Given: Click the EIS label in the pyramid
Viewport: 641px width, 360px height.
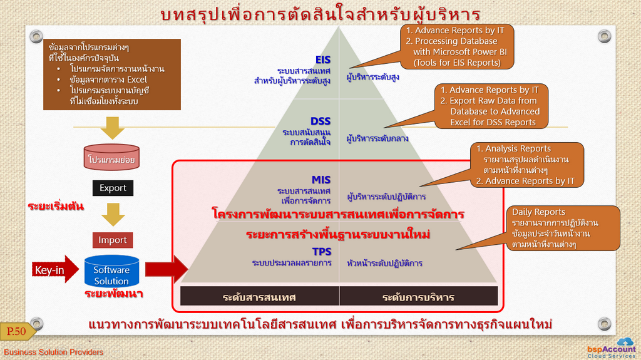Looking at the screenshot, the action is (x=322, y=59).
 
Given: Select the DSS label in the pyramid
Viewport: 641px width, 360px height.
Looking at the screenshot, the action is (x=320, y=121).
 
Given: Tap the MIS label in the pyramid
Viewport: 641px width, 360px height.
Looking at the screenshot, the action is (x=321, y=180).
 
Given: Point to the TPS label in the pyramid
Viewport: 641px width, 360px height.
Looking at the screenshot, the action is (x=322, y=251).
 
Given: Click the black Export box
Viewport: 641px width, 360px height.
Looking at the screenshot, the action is (x=113, y=188).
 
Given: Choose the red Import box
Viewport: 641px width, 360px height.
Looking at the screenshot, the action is (x=113, y=240).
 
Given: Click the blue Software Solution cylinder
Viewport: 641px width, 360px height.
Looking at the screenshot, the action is (x=111, y=271).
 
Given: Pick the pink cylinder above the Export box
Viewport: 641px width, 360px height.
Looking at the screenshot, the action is (x=111, y=157).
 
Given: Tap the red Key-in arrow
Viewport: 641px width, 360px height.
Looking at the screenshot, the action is (x=55, y=270).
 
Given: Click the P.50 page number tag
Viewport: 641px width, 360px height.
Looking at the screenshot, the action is (x=17, y=331).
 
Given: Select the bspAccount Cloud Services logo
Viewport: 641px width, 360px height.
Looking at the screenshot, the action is (x=612, y=348).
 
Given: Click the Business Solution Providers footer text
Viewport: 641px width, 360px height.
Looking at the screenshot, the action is (x=54, y=352).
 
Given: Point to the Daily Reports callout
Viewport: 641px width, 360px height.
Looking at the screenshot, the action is (x=563, y=229).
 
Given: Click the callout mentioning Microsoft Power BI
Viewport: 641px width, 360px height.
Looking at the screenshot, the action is (x=456, y=46).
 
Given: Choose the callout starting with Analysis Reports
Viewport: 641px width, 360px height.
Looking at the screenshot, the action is (x=527, y=165).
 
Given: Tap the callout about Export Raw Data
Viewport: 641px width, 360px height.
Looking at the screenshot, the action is (x=491, y=106).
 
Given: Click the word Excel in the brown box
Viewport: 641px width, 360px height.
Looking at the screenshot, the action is (x=136, y=80).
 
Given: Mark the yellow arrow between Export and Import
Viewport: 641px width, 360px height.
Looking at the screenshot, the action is (x=113, y=215).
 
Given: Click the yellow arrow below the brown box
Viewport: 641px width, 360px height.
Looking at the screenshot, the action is (x=113, y=128).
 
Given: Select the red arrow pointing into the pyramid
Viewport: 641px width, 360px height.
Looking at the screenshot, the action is (x=167, y=269).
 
